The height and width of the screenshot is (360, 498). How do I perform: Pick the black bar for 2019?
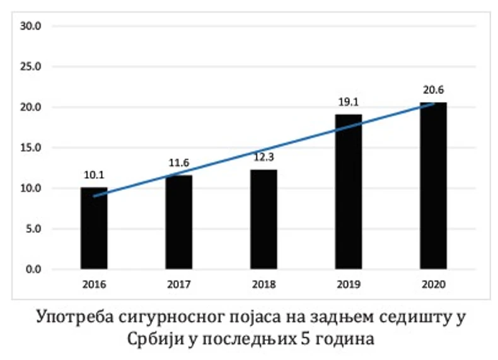point(348,192)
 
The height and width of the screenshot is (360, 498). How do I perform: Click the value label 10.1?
point(94,175)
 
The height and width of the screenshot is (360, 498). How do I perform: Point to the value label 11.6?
point(179,163)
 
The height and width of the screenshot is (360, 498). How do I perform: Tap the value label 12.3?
point(263,158)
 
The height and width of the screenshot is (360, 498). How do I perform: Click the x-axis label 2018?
point(263,284)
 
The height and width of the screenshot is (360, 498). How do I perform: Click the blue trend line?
point(221,161)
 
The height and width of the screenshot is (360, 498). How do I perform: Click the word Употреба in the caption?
point(78,316)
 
